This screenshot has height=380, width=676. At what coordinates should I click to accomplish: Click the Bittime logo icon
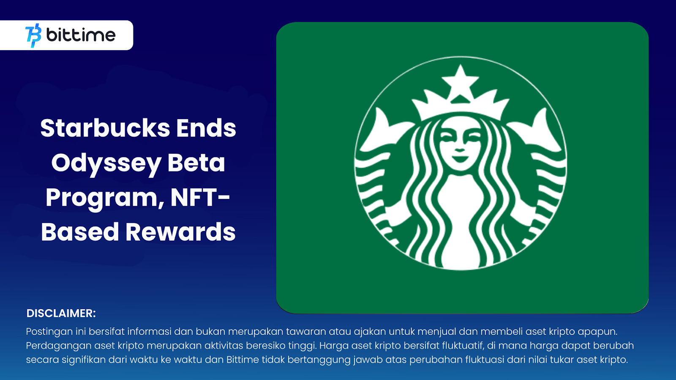click(x=33, y=35)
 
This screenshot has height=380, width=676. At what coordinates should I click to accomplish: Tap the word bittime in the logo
click(x=81, y=35)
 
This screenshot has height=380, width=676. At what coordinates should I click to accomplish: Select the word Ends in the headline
click(x=206, y=128)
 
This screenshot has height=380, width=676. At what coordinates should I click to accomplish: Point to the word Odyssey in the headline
click(x=106, y=163)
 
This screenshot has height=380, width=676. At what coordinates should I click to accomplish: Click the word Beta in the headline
click(x=196, y=163)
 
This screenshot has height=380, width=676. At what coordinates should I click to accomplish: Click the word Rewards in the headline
click(x=180, y=232)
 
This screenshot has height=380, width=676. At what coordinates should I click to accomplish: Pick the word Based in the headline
click(x=80, y=232)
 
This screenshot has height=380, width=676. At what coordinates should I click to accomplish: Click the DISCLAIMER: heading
click(x=61, y=313)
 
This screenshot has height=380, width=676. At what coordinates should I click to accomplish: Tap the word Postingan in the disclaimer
click(x=49, y=331)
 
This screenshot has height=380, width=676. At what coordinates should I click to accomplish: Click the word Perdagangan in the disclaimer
click(x=58, y=345)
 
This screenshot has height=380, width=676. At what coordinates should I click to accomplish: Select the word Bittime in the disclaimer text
click(x=243, y=360)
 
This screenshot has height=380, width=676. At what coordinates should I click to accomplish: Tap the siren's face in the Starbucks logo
click(x=460, y=144)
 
